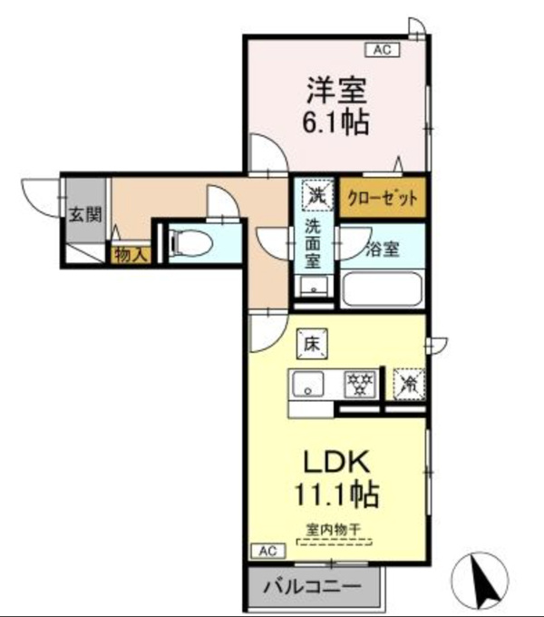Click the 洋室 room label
click(336, 90)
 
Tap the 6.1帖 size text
click(335, 122)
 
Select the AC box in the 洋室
click(383, 50)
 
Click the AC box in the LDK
click(268, 551)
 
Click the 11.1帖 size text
click(336, 494)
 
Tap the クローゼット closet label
click(383, 198)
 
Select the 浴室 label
click(382, 250)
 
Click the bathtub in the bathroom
click(382, 289)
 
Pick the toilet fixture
click(190, 243)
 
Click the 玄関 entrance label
click(85, 215)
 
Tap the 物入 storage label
click(131, 255)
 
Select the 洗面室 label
click(313, 243)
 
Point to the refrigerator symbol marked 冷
click(409, 384)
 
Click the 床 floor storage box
click(312, 344)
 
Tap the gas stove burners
click(360, 383)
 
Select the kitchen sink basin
click(307, 383)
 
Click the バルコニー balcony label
click(312, 587)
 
